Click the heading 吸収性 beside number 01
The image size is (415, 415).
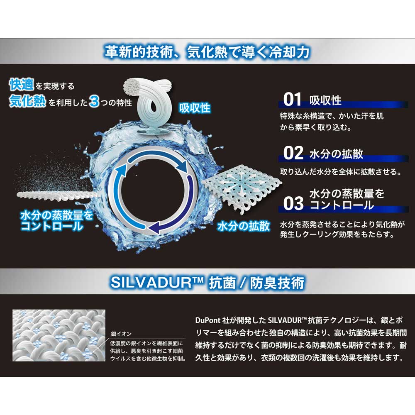click(x=325, y=100)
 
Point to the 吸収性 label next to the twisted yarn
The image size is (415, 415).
click(x=195, y=108)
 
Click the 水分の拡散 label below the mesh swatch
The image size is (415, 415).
click(x=244, y=226)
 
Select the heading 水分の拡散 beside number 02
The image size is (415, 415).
click(x=336, y=154)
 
